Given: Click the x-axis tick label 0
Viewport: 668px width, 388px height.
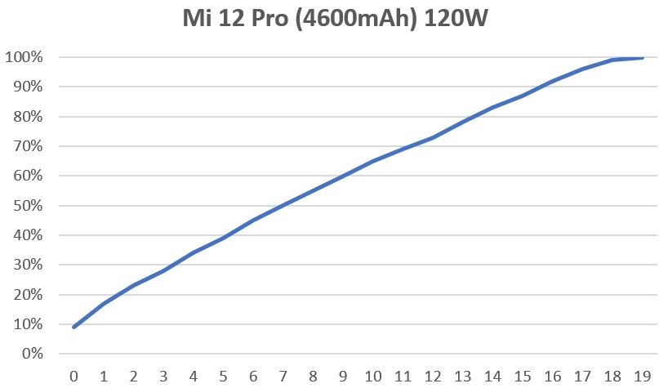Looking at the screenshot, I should tap(74, 376).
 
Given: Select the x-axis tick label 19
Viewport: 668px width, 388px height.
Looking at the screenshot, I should tap(644, 376).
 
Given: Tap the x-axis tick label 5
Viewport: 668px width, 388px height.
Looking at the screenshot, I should tap(224, 376).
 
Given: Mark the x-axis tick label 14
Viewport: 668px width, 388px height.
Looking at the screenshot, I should tap(494, 376).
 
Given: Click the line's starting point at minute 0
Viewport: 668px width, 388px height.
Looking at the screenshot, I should tap(74, 327).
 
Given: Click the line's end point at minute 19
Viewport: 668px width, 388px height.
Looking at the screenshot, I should tap(644, 58).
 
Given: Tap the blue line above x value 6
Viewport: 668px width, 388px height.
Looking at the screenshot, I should tap(254, 220).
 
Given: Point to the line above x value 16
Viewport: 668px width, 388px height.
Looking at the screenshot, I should tap(554, 81).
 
